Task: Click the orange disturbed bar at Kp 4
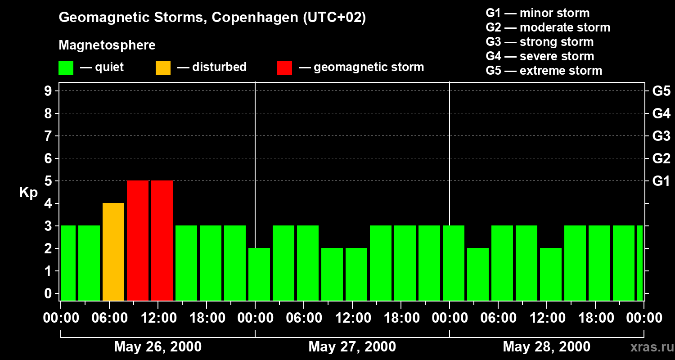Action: click(x=113, y=252)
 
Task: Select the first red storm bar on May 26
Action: click(x=138, y=240)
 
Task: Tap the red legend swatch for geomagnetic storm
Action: click(x=284, y=68)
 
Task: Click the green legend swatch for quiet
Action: click(x=66, y=68)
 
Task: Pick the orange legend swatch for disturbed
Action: click(x=163, y=68)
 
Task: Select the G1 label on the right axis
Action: click(x=661, y=181)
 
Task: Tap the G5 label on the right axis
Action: click(x=661, y=91)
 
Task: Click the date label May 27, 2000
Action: click(x=352, y=346)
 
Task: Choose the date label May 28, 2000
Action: click(x=546, y=346)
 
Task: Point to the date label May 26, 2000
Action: click(x=157, y=346)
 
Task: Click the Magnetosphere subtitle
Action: click(x=107, y=45)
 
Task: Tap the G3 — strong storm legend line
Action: click(x=540, y=42)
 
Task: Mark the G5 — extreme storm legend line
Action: click(x=544, y=71)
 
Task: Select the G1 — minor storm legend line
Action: click(x=537, y=13)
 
